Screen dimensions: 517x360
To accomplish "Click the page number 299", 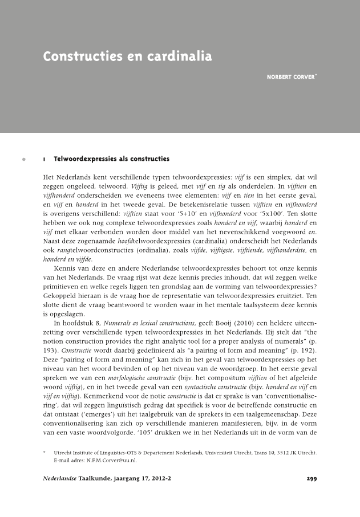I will (x=312, y=478).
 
